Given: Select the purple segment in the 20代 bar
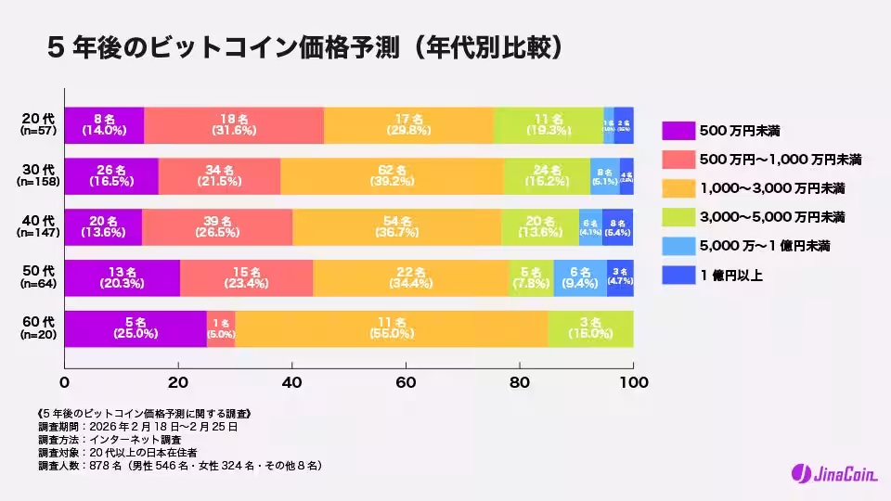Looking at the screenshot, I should [x=104, y=125].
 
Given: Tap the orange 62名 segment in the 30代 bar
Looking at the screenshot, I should [x=392, y=176].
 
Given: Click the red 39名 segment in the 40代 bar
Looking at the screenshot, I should [x=217, y=227].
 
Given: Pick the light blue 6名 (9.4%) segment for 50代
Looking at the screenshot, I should [x=580, y=278].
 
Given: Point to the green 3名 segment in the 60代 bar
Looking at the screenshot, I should [x=590, y=329].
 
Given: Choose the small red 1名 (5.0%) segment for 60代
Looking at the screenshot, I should [x=221, y=329].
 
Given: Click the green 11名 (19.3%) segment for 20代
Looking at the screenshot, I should [x=549, y=125].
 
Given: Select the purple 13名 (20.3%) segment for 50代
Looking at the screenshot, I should [x=122, y=278].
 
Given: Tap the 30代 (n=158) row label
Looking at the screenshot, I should [x=39, y=176].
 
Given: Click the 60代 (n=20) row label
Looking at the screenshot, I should [x=39, y=329].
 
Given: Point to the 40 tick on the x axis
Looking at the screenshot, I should [x=292, y=382].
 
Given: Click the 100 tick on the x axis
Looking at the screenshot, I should [x=633, y=382].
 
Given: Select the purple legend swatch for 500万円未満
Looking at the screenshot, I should [x=678, y=132].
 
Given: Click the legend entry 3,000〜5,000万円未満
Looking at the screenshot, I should [x=771, y=217].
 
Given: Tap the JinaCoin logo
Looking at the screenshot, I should [x=832, y=473].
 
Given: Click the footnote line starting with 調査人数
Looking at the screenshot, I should [x=181, y=465].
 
